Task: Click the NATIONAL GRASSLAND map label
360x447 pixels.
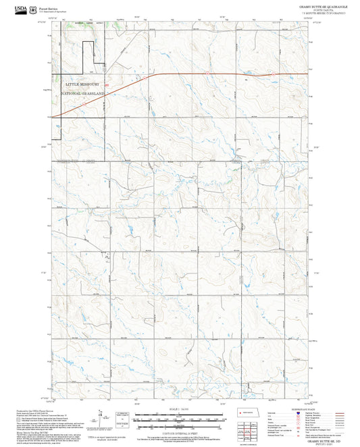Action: pos(82,93)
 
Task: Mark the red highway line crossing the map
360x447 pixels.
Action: pos(203,73)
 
